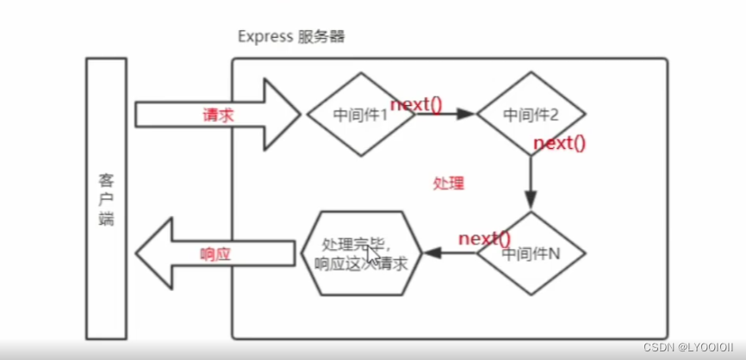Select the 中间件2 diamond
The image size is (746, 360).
(x=531, y=114)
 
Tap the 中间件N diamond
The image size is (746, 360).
(x=531, y=254)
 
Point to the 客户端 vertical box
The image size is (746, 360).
(x=107, y=198)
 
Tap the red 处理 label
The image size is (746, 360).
(x=448, y=183)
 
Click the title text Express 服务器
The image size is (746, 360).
(x=291, y=38)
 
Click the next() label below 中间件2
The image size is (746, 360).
(x=559, y=143)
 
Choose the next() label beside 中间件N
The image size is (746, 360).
(x=484, y=238)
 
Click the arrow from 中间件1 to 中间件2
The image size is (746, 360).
(x=445, y=114)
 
